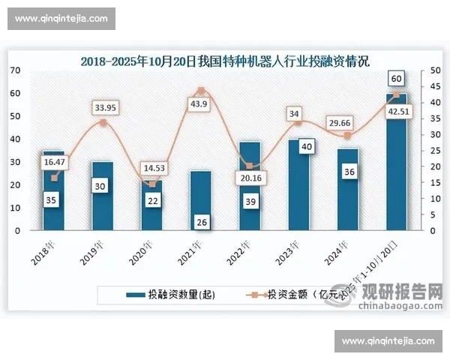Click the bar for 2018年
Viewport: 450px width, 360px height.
[53, 191]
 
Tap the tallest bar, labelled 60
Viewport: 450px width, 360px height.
[397, 162]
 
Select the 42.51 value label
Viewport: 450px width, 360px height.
[399, 112]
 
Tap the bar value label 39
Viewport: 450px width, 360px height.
[250, 201]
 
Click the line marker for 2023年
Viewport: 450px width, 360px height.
[298, 122]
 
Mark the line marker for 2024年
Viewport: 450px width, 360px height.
[347, 136]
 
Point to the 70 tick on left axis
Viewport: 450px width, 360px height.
[15, 70]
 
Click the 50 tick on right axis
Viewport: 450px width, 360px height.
[424, 70]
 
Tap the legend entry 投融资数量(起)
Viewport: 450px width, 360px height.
[172, 295]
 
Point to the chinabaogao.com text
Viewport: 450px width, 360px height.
[398, 305]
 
